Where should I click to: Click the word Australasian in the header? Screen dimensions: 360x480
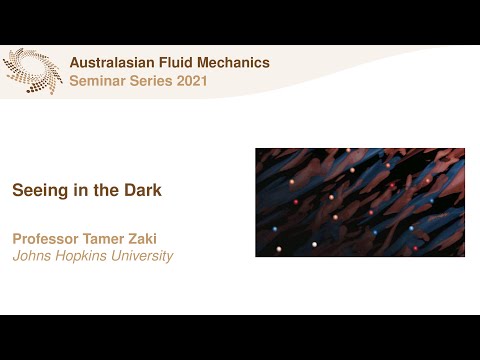tap(112, 63)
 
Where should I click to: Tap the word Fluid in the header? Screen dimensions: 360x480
tap(179, 63)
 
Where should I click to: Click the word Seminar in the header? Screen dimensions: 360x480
tap(97, 81)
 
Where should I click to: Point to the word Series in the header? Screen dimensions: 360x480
tap(151, 81)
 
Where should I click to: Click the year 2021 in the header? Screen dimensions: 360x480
tap(192, 81)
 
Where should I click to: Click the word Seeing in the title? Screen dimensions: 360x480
tap(34, 188)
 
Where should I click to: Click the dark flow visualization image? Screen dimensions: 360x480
tap(359, 202)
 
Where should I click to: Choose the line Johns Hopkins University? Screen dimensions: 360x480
tap(92, 256)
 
